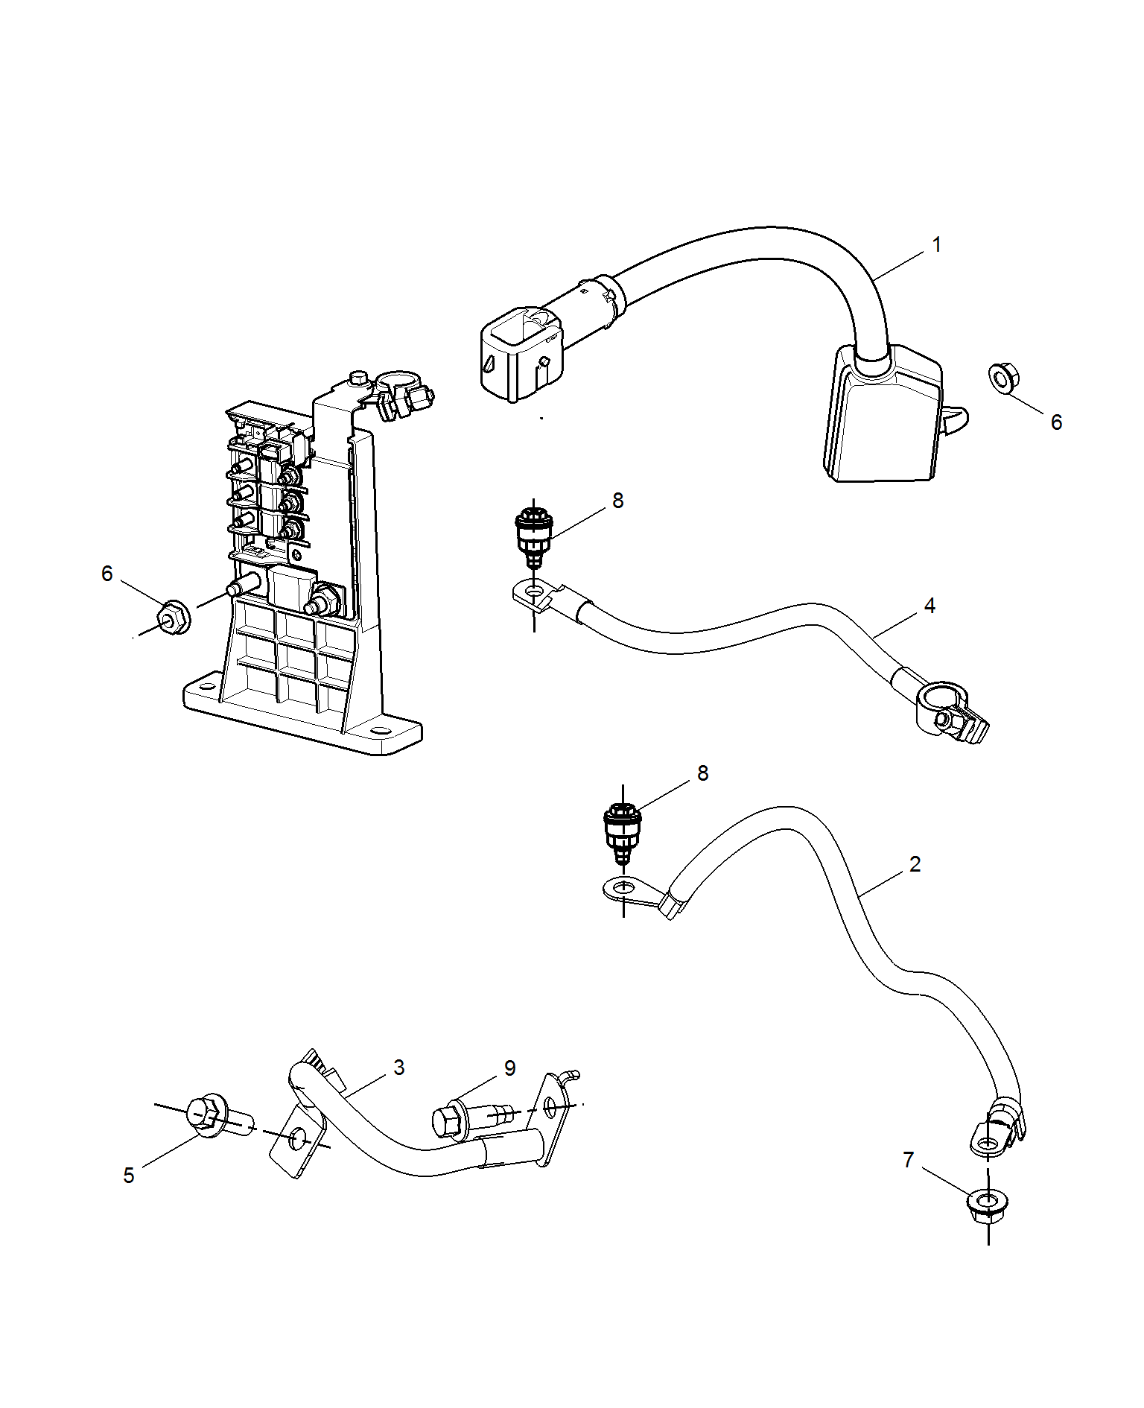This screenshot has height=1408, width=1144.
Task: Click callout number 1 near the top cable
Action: pos(937,244)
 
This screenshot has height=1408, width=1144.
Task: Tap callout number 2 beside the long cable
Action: pos(915,864)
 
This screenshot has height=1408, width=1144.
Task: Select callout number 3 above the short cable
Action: pos(399,1068)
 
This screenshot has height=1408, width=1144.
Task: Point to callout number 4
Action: pos(929,606)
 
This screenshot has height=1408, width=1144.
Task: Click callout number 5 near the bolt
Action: pos(129,1176)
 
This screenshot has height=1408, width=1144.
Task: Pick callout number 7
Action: pos(908,1160)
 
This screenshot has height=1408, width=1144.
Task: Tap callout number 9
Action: pos(510,1068)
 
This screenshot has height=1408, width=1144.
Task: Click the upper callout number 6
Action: pos(1056,422)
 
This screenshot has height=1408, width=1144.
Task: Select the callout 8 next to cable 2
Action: pos(703,773)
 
